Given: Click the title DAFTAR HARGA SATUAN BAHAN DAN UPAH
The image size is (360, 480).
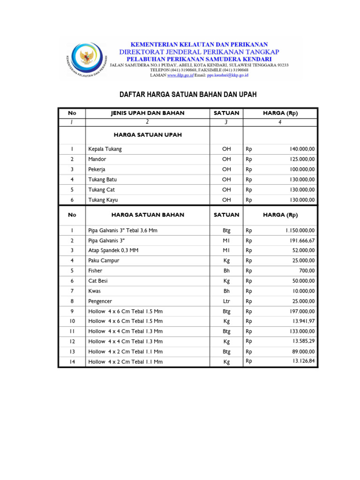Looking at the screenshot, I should click(x=188, y=95).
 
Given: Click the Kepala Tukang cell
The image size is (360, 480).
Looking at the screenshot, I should click(x=105, y=149).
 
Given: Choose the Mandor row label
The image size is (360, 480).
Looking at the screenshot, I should click(x=97, y=159).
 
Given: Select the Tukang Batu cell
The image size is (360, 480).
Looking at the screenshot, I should click(x=103, y=180).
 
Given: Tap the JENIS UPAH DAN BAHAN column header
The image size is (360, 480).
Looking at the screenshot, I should click(x=147, y=113).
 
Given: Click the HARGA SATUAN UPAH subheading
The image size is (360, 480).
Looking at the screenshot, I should click(x=147, y=135).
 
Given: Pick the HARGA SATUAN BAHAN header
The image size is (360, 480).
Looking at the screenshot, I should click(x=147, y=215).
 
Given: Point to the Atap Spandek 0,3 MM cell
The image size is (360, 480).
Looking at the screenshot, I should click(x=113, y=250).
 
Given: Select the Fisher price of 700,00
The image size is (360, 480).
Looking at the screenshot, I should click(x=307, y=271).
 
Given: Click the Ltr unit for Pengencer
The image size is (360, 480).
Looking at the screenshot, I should click(x=226, y=301).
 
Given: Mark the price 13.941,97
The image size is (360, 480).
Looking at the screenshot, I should click(x=304, y=321).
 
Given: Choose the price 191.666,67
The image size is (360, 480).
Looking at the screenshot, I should click(x=302, y=240).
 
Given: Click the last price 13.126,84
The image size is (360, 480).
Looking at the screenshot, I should click(x=304, y=361).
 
